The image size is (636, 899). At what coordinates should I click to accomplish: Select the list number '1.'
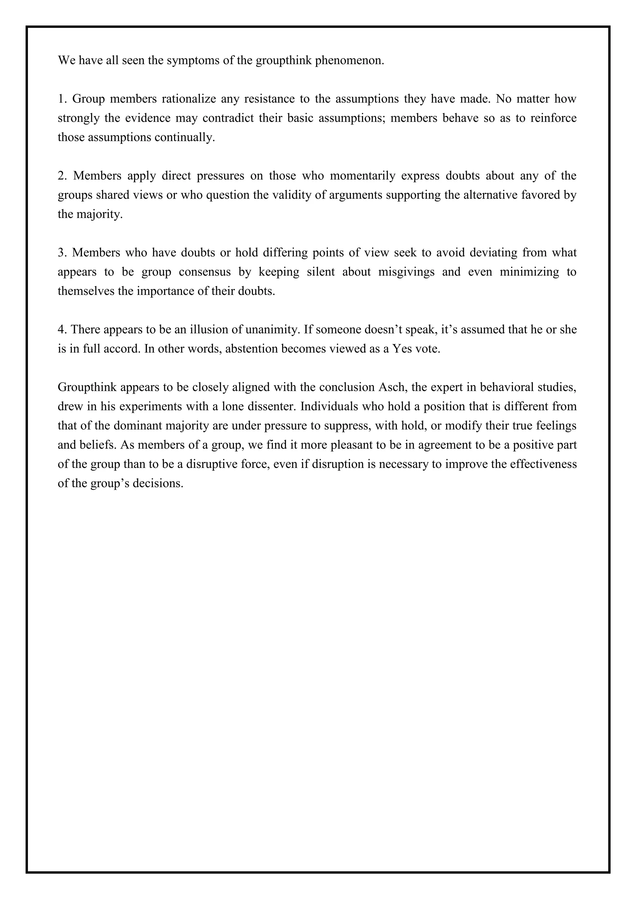(63, 99)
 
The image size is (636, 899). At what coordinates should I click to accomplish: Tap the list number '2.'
(63, 176)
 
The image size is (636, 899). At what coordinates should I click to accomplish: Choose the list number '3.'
(63, 253)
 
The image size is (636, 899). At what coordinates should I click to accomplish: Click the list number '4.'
(63, 330)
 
